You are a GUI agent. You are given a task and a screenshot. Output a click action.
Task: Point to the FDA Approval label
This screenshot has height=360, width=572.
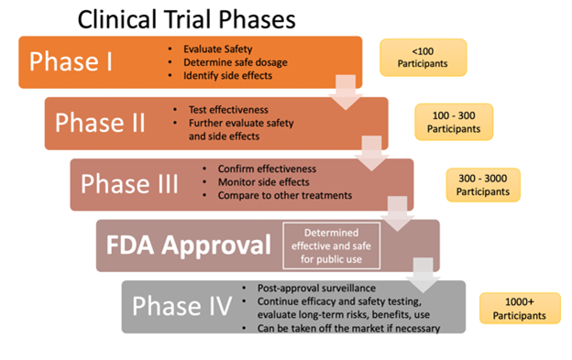pyautogui.click(x=185, y=245)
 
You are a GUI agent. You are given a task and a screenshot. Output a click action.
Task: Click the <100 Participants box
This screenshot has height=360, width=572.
pyautogui.click(x=423, y=57)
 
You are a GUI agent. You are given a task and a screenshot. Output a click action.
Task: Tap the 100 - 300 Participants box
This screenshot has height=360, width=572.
pyautogui.click(x=454, y=121)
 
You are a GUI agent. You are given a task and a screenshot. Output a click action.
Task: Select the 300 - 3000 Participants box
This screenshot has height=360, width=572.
pyautogui.click(x=485, y=183)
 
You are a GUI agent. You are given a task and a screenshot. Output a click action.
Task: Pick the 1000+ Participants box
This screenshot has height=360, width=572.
pyautogui.click(x=519, y=308)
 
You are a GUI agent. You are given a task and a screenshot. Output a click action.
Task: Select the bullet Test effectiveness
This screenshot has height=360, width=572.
pyautogui.click(x=229, y=109)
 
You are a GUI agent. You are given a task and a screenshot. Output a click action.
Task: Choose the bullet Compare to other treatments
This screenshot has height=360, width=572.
pyautogui.click(x=283, y=195)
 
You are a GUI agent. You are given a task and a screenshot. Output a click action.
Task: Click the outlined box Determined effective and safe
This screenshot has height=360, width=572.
pyautogui.click(x=328, y=245)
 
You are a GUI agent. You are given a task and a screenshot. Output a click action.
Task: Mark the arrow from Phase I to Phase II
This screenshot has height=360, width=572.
pyautogui.click(x=346, y=92)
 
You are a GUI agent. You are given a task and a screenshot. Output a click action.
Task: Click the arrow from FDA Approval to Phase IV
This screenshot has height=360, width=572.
pyautogui.click(x=423, y=273)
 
